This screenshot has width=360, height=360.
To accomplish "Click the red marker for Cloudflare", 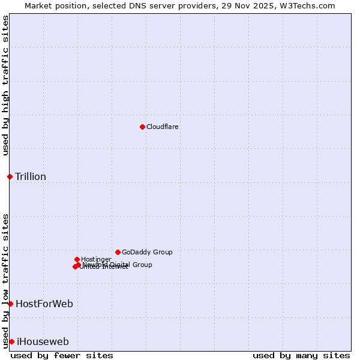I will [x=142, y=127].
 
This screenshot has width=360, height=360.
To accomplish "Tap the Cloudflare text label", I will [x=163, y=127].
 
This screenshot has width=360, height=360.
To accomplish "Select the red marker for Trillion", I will [x=10, y=176].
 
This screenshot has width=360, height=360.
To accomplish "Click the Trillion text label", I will [x=31, y=176].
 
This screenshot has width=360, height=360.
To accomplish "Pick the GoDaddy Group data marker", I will [x=118, y=252].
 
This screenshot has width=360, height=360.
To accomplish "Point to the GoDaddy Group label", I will [x=147, y=253].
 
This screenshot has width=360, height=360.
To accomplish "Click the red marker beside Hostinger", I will [x=77, y=259].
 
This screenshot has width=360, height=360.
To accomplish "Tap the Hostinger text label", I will [x=97, y=260].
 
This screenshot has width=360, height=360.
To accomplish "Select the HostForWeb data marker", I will [x=10, y=304].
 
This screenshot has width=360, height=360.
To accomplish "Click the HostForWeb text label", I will [x=44, y=304].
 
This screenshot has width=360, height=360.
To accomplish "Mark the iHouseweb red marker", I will [x=11, y=341].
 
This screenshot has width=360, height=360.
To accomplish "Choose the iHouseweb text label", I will [x=43, y=342].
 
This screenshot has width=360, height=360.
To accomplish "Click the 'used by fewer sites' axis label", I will [x=62, y=355].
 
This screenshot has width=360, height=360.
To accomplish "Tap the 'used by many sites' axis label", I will [x=301, y=355].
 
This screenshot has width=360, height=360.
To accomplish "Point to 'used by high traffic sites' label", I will [x=6, y=85].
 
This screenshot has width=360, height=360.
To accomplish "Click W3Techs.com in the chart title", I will [x=305, y=5].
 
